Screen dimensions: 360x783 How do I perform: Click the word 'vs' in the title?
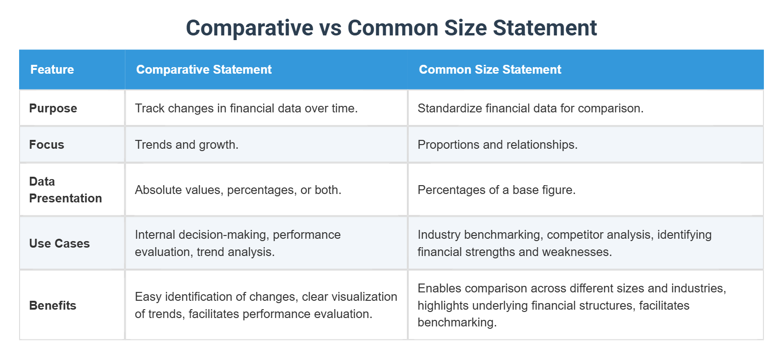coord(330,28)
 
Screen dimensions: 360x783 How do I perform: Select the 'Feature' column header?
coord(52,69)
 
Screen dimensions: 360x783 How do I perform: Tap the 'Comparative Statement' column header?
coord(204,69)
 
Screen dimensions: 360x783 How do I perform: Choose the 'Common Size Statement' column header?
coord(490,69)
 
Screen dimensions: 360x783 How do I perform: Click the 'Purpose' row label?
coord(53,108)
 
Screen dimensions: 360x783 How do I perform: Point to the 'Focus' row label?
coord(47,145)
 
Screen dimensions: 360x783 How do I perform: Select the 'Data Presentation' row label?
coord(65,190)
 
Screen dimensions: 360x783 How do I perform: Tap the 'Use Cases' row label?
coord(59,243)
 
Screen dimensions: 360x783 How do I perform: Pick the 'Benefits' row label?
coord(53,305)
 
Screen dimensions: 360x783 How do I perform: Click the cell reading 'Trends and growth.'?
coord(186,145)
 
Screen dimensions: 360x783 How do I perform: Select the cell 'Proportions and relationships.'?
coord(497,145)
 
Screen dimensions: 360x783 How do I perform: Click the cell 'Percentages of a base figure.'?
coord(496,190)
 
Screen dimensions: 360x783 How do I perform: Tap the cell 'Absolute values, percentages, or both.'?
coord(238,190)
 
